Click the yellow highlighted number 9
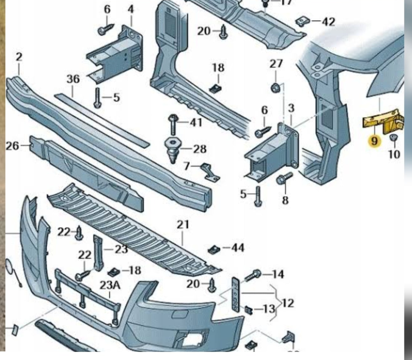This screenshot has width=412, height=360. click(374, 140)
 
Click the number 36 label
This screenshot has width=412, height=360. click(73, 79)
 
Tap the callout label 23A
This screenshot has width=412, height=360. click(110, 285)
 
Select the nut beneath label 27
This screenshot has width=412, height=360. click(275, 88)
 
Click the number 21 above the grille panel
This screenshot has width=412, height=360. click(183, 225)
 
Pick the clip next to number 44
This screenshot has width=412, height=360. click(213, 249)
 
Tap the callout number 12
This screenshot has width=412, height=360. click(288, 303)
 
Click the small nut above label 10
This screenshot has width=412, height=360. click(393, 138)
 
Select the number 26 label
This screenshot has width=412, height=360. click(12, 146)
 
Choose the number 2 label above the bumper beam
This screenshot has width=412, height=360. click(19, 57)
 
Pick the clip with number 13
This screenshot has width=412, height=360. click(249, 310)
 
